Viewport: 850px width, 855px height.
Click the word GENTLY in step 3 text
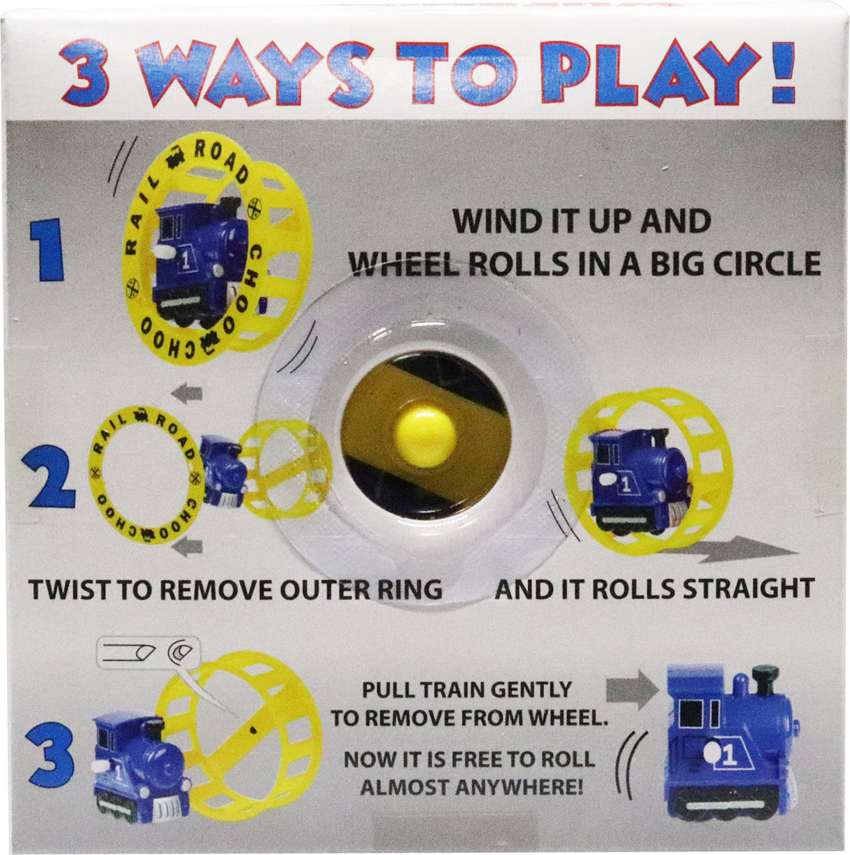tap(529, 690)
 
